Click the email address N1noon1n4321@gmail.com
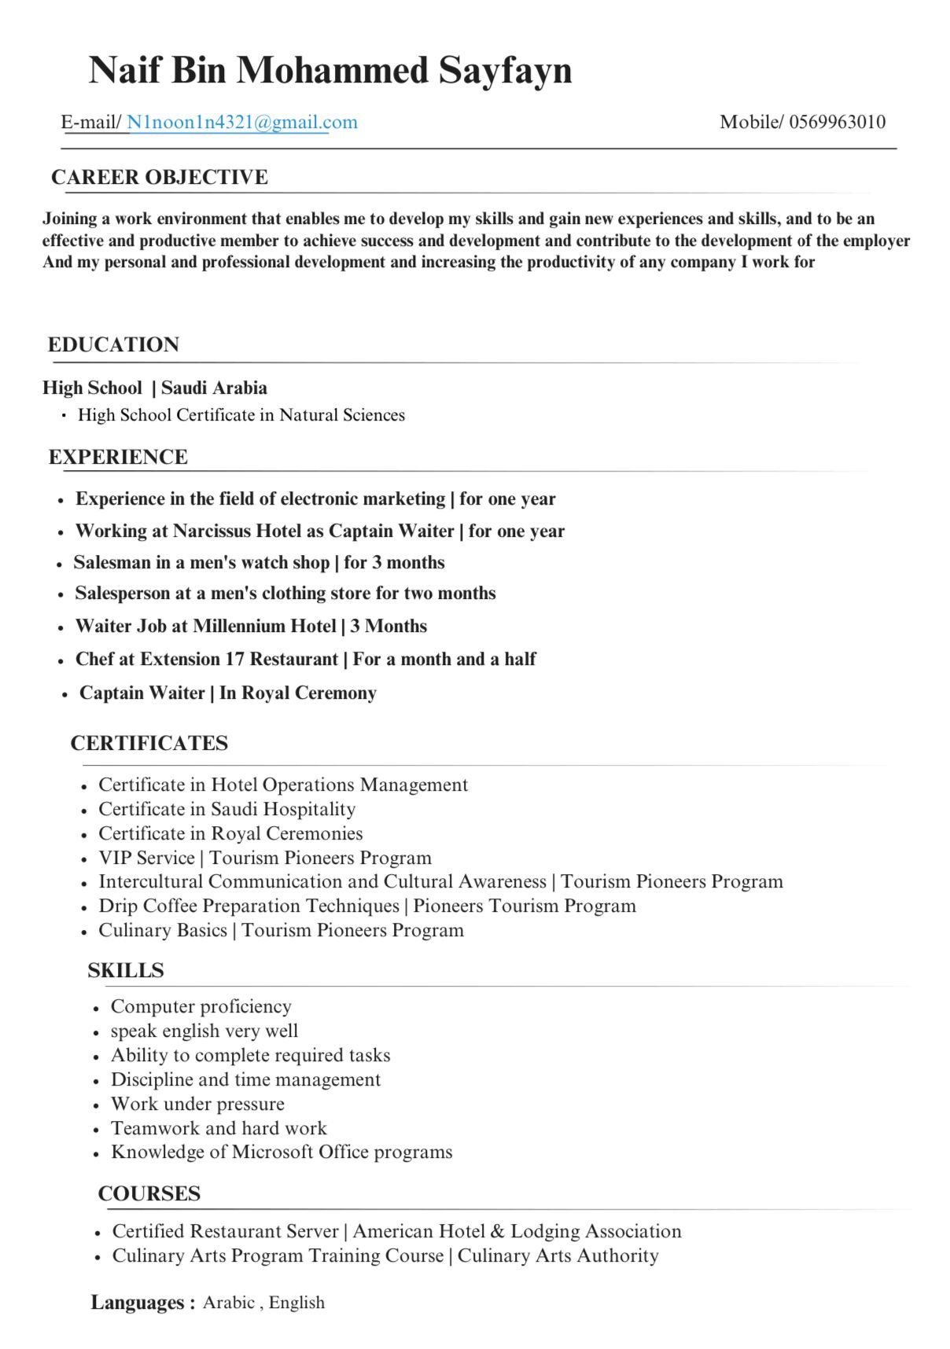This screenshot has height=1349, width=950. [241, 122]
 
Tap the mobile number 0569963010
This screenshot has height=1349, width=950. [837, 122]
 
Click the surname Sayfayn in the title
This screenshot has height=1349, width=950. [505, 70]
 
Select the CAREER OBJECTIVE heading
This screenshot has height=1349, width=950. [160, 177]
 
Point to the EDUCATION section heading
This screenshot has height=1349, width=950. [113, 344]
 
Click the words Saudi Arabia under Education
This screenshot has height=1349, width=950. [214, 388]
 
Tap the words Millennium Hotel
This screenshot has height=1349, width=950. [264, 626]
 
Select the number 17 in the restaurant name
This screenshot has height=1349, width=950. [234, 659]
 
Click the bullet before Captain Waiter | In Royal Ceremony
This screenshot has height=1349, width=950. [65, 695]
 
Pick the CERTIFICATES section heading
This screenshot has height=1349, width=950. [149, 743]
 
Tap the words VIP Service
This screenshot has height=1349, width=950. [146, 858]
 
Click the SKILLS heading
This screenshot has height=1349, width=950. [126, 970]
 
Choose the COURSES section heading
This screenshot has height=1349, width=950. [149, 1193]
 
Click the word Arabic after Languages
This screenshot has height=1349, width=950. [229, 1303]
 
